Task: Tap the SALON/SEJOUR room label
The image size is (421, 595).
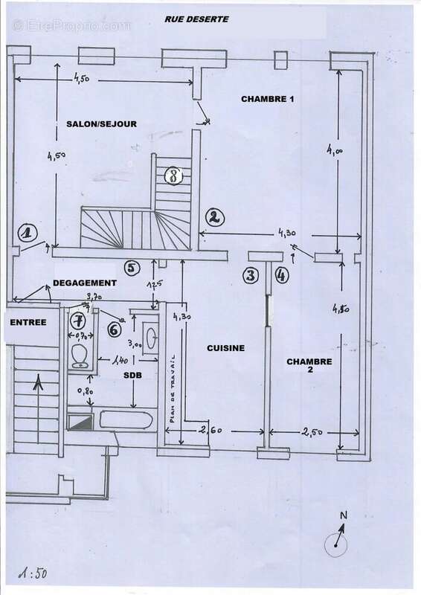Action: coord(100,123)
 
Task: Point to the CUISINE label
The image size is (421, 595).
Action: coord(227,347)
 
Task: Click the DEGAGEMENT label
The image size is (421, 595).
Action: coord(85,283)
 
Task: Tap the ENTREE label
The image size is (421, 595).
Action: coord(28,322)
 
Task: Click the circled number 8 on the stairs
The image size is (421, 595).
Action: coord(173,176)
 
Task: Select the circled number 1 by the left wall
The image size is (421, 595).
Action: coord(28,234)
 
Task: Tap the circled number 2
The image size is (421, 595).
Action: coord(213,217)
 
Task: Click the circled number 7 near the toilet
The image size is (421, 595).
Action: coord(78,321)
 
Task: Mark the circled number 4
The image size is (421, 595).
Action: coord(280,276)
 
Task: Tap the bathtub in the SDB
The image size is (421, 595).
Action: coord(123,420)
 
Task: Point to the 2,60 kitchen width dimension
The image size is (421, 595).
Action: coord(210,429)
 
